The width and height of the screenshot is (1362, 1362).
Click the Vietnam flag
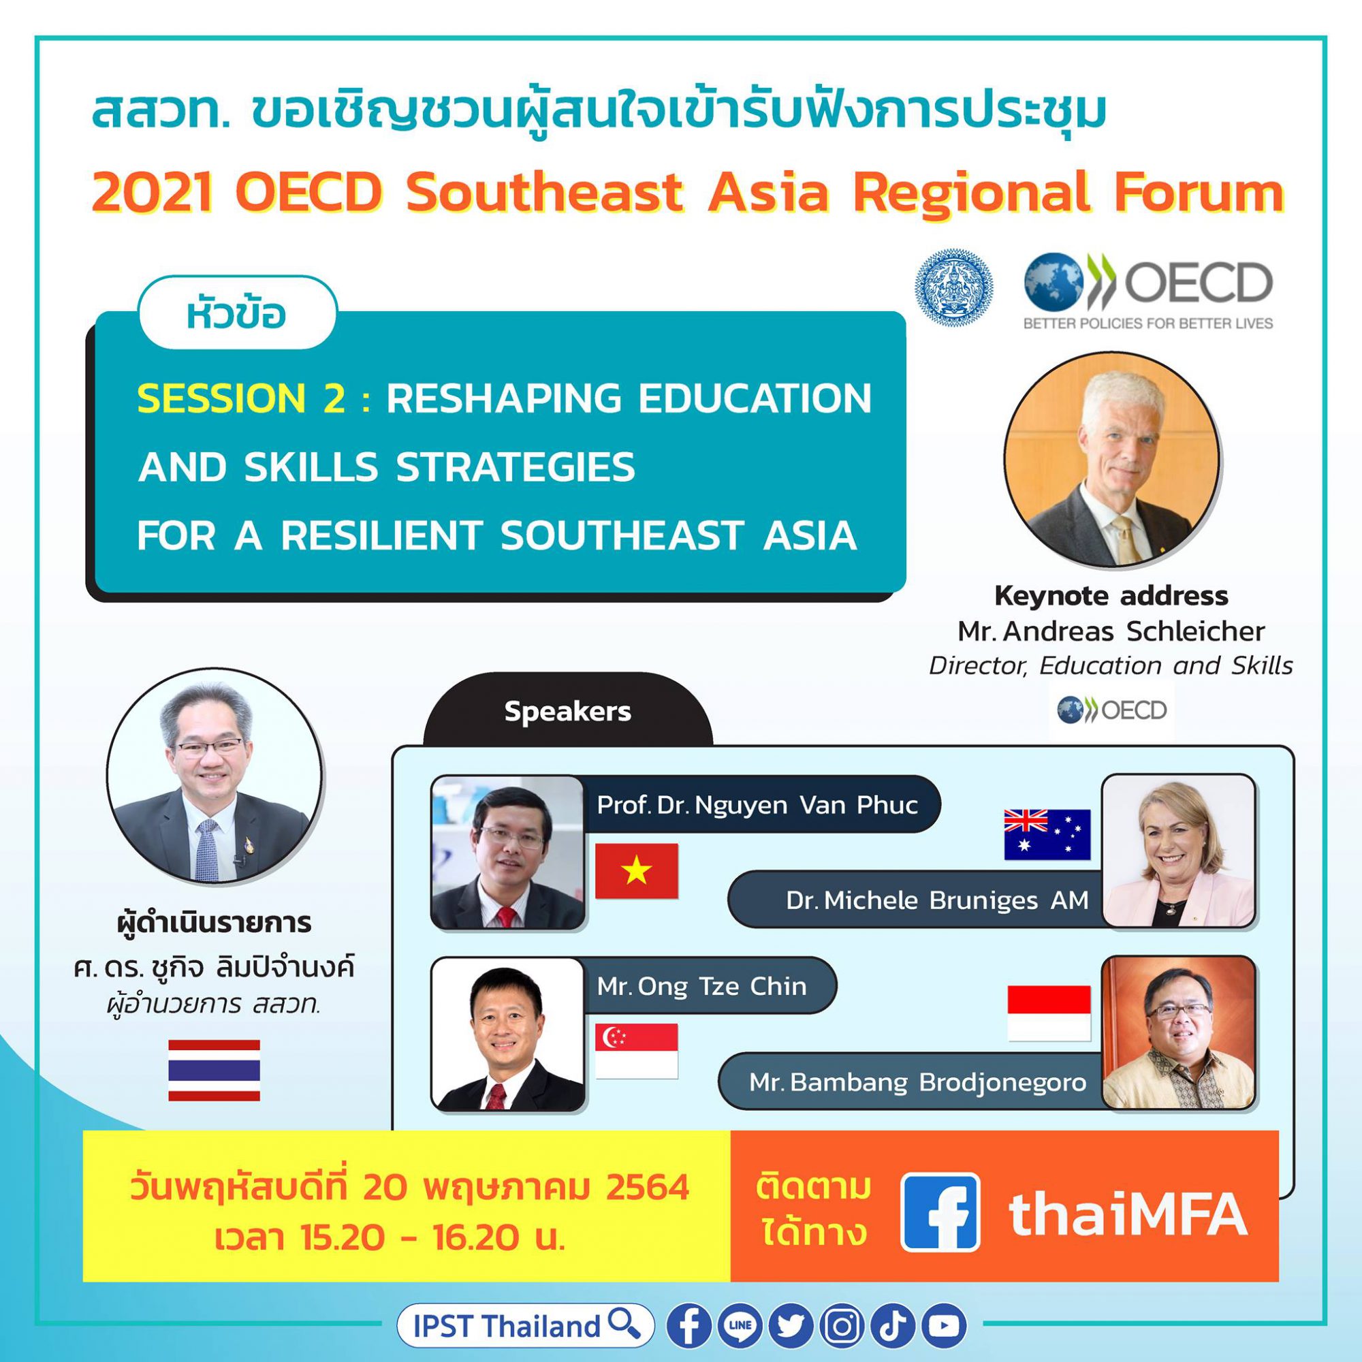(x=636, y=870)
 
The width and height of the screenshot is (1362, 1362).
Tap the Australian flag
(x=1047, y=835)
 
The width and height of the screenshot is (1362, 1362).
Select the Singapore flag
(x=636, y=1051)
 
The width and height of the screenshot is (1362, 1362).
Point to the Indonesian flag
(x=1048, y=1014)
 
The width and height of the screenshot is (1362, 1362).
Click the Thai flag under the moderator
(x=214, y=1070)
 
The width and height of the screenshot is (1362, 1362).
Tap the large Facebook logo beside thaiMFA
(x=940, y=1213)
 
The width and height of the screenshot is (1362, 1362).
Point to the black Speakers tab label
(x=567, y=712)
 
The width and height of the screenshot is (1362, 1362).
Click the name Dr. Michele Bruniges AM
(x=937, y=900)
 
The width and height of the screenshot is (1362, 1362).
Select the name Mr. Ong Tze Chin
(x=701, y=985)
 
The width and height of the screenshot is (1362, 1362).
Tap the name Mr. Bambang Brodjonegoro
(x=917, y=1082)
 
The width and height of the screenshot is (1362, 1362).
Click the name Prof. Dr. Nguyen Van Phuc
(x=757, y=805)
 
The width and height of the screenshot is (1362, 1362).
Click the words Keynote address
(x=1111, y=597)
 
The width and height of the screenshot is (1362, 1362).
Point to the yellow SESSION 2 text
(x=242, y=399)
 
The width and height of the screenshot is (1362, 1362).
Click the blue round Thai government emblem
(x=954, y=287)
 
